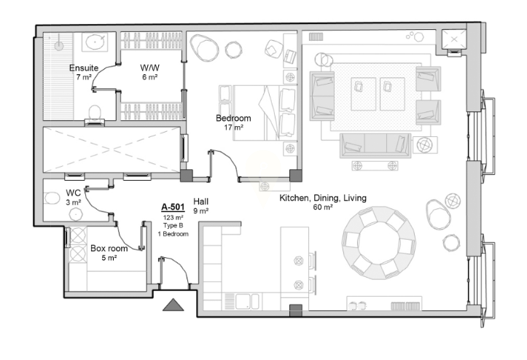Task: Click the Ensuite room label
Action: tap(84, 68)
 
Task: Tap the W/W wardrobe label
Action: tap(149, 68)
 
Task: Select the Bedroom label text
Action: tap(233, 118)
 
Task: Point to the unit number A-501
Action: tap(173, 207)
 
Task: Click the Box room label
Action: tap(109, 249)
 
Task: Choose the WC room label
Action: tap(74, 193)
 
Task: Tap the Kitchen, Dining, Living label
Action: tap(323, 198)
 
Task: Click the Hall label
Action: tap(200, 202)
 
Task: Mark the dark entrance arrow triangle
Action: tap(173, 305)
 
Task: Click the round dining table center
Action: tap(378, 243)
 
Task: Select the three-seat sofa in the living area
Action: tap(375, 146)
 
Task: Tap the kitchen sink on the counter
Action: tap(247, 301)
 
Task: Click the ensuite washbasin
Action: tap(95, 42)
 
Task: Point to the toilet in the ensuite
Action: tap(95, 114)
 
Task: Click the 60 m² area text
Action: tap(323, 208)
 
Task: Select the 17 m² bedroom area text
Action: tap(233, 128)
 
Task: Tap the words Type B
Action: tap(173, 225)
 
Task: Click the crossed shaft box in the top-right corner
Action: tap(453, 39)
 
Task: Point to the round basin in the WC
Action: tap(76, 214)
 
